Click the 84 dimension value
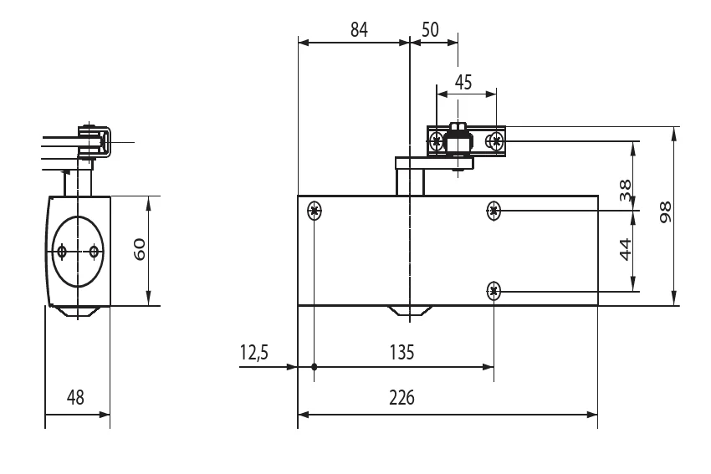coord(359,30)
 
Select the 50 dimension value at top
coord(430,30)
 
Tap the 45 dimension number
coord(463,83)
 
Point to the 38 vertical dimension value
coord(626,190)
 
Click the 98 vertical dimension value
coord(665,212)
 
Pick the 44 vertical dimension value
coord(626,250)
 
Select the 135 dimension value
coord(402,352)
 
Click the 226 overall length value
coord(402,397)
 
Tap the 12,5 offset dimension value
coord(254,352)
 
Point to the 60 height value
coord(140,249)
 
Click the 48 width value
coord(75,397)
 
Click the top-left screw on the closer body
coord(315,211)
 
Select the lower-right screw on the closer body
coord(494,291)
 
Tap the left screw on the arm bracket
coord(436,141)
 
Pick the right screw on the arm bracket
coord(496,141)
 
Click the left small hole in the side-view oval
coord(62,251)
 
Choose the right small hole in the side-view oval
coord(94,251)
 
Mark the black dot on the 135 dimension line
coord(315,367)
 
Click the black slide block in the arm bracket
coord(458,141)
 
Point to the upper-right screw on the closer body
coord(494,211)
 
